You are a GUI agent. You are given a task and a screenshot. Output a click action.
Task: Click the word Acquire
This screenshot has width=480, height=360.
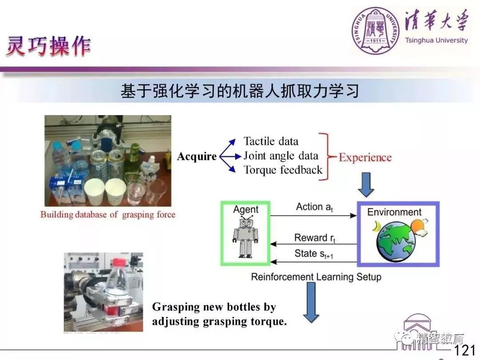point(197,156)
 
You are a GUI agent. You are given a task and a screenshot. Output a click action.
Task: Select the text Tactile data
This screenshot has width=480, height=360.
point(271,141)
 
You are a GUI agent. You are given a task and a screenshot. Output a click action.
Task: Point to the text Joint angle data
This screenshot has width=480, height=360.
point(281,156)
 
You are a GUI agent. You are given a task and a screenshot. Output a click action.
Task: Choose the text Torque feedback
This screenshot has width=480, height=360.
point(283,170)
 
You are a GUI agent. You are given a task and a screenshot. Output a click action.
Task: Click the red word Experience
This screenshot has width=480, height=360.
point(365,157)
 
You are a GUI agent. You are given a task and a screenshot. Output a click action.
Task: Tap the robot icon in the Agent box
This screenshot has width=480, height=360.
point(245,236)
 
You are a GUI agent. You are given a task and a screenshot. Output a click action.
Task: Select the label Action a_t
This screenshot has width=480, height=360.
point(315,207)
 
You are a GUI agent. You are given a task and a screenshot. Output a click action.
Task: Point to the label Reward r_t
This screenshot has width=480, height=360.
point(315,238)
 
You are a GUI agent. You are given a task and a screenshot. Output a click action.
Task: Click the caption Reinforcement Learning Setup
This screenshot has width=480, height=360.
point(316,277)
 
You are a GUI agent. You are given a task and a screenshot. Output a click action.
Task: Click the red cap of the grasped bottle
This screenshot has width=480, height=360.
point(120,262)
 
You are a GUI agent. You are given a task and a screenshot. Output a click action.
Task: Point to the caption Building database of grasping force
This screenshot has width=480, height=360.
point(108,215)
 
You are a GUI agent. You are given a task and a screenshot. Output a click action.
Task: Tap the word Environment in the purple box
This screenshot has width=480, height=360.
point(394,212)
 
